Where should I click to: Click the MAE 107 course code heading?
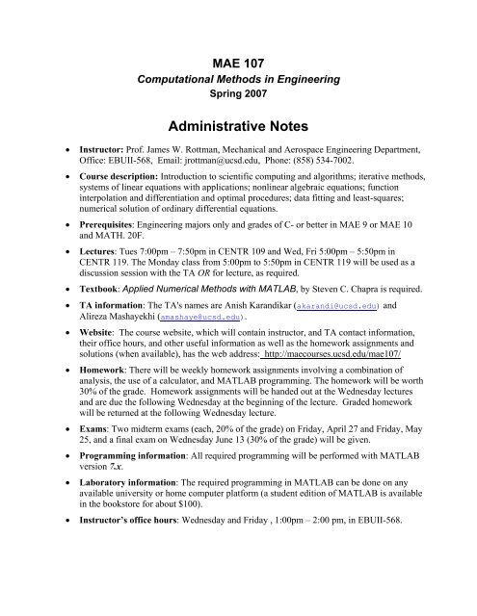238,64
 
